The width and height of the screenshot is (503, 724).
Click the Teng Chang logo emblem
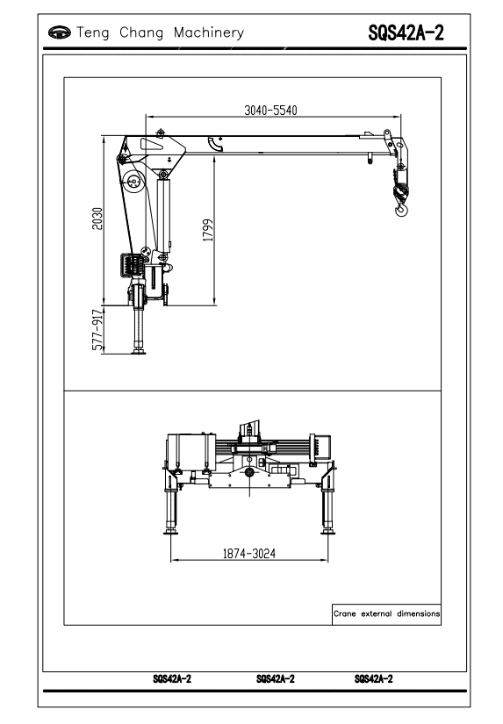click(60, 32)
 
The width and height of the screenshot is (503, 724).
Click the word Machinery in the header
click(209, 32)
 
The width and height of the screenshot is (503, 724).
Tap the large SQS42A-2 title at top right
click(406, 32)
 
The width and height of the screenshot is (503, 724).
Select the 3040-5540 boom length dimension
click(270, 111)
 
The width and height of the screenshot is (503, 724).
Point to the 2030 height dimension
click(97, 219)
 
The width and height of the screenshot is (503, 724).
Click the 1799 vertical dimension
click(208, 230)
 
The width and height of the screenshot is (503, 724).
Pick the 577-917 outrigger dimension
click(97, 330)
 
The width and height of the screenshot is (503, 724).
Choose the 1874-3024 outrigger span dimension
click(249, 553)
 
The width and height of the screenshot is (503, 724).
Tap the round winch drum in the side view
click(134, 182)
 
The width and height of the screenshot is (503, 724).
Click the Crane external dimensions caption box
click(386, 614)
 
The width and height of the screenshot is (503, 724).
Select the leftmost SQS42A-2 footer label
click(172, 678)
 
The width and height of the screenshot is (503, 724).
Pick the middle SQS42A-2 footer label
click(276, 678)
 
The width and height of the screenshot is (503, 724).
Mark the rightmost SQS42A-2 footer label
click(374, 678)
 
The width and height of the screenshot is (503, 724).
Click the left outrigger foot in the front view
click(171, 532)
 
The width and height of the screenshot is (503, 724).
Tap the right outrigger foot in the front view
click(328, 532)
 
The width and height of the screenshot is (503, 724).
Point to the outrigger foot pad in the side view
click(138, 352)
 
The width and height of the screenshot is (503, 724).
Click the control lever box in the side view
click(131, 266)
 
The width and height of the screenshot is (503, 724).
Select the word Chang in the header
click(141, 32)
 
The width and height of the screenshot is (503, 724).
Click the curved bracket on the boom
click(216, 144)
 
